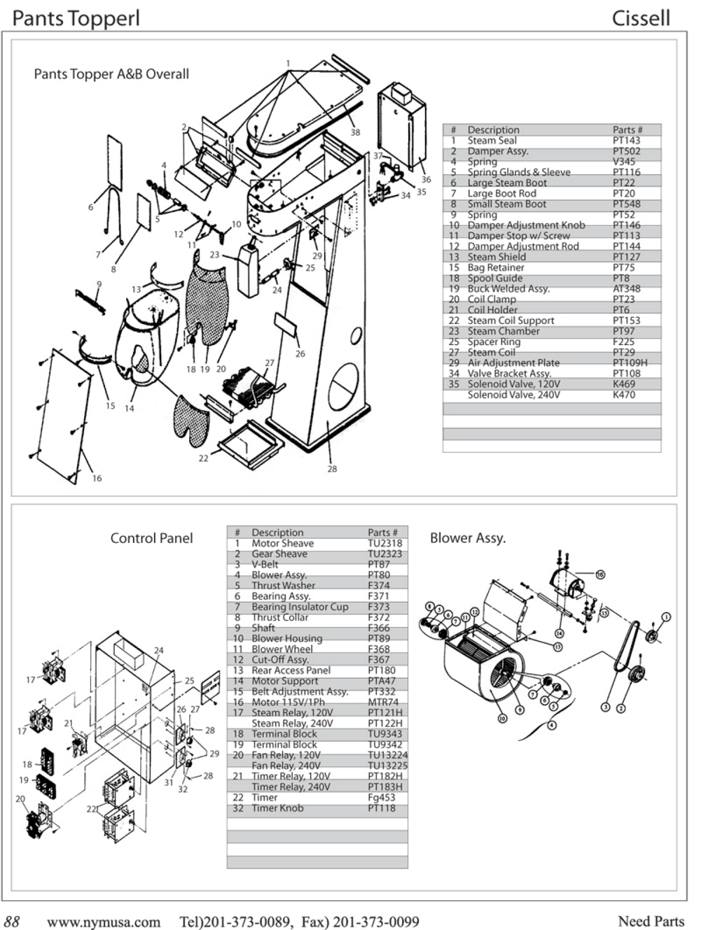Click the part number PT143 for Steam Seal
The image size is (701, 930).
pyautogui.click(x=627, y=141)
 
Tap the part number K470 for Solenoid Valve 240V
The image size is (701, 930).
pyautogui.click(x=624, y=395)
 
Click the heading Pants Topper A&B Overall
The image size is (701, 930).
pyautogui.click(x=112, y=74)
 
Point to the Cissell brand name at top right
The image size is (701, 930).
pyautogui.click(x=641, y=18)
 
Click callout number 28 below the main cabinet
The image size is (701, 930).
pyautogui.click(x=332, y=469)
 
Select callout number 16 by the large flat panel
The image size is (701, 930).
pyautogui.click(x=97, y=478)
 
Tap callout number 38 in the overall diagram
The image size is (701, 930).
pyautogui.click(x=355, y=132)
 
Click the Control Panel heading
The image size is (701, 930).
pyautogui.click(x=152, y=538)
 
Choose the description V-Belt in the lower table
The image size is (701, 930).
pyautogui.click(x=265, y=564)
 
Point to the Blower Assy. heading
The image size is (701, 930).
pyautogui.click(x=468, y=538)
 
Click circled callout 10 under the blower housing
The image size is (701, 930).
pyautogui.click(x=502, y=718)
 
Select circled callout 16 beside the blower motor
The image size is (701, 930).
pyautogui.click(x=600, y=575)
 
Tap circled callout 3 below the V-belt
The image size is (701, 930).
pyautogui.click(x=606, y=707)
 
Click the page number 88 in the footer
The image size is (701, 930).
pyautogui.click(x=12, y=921)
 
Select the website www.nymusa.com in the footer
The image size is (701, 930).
pyautogui.click(x=104, y=922)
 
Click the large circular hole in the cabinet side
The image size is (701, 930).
pyautogui.click(x=343, y=385)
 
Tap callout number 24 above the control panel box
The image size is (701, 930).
pyautogui.click(x=159, y=651)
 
